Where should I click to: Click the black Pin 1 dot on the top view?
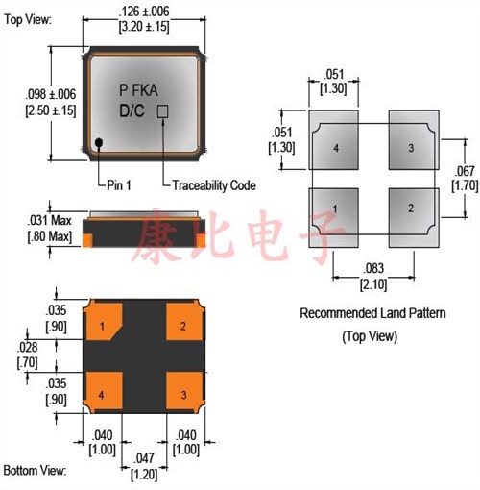click(x=99, y=142)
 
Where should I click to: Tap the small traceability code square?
click(x=162, y=111)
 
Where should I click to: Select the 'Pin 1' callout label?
click(x=119, y=185)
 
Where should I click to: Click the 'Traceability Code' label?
click(x=214, y=185)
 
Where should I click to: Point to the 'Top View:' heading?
click(x=28, y=19)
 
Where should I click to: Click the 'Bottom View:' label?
click(x=35, y=471)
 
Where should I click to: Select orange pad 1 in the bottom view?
click(x=103, y=321)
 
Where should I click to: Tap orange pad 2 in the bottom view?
click(x=185, y=321)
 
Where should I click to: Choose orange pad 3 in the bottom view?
click(x=185, y=392)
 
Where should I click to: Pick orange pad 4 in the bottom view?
click(x=103, y=392)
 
